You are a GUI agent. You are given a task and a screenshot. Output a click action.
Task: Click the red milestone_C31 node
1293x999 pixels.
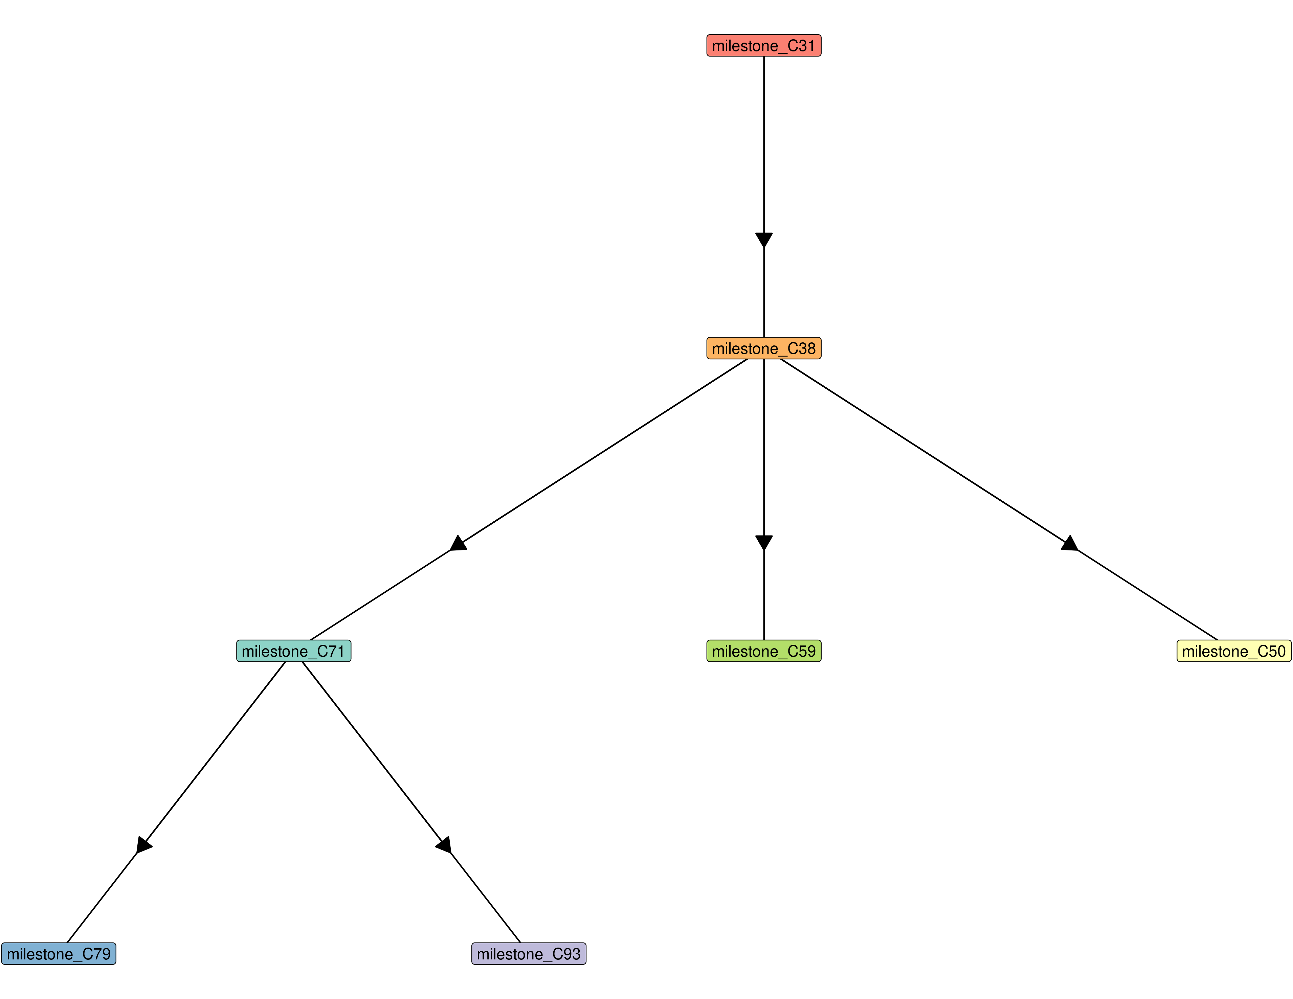point(764,46)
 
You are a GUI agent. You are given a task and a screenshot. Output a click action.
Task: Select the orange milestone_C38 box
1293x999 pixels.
point(764,348)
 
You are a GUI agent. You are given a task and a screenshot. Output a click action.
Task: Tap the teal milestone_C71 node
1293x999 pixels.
point(294,651)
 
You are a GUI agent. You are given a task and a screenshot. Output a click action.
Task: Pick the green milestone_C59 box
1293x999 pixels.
point(764,651)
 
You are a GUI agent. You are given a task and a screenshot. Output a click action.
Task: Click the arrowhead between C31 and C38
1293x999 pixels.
point(764,240)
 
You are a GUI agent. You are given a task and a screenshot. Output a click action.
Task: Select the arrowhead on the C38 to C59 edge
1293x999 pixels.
point(764,542)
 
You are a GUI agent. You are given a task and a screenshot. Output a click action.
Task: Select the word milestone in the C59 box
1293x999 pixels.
point(745,651)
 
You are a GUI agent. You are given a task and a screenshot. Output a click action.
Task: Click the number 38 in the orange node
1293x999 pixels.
point(807,348)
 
